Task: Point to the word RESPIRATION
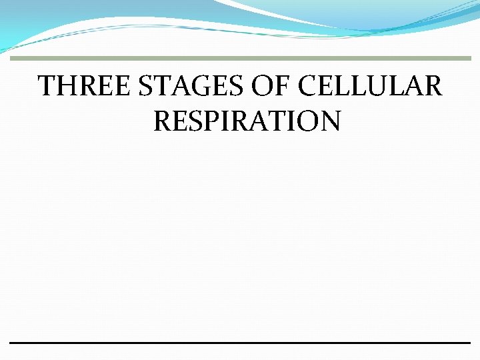click(x=247, y=121)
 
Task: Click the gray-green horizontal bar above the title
click(x=240, y=59)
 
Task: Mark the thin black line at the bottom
click(x=240, y=343)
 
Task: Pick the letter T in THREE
click(x=47, y=87)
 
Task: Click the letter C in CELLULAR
click(x=307, y=87)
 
